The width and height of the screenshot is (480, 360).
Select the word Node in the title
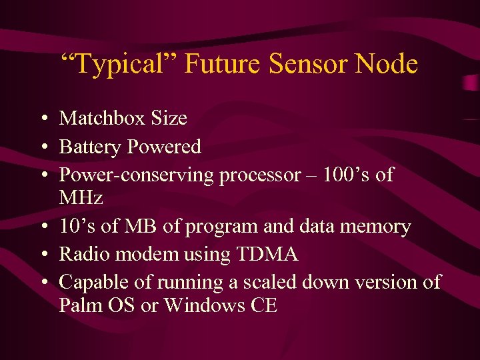click(387, 65)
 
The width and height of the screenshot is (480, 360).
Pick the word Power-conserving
click(136, 175)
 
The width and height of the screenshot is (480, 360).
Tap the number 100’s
click(347, 175)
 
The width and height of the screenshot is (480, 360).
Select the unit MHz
click(81, 198)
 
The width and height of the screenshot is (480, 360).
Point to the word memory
click(377, 227)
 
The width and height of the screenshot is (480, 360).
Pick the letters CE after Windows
click(262, 305)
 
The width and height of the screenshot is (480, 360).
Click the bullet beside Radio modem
click(42, 255)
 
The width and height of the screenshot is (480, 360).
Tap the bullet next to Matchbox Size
click(42, 119)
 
